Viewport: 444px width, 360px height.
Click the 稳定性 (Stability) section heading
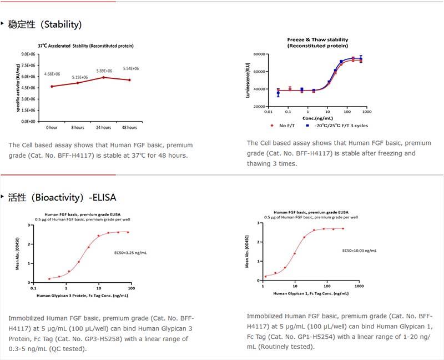tap(44, 24)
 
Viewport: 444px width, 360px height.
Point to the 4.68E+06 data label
tap(52, 74)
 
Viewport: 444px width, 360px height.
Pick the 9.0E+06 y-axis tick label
tap(29, 54)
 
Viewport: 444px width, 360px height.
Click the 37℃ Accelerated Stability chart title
tap(85, 46)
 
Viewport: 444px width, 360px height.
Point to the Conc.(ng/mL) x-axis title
tap(317, 118)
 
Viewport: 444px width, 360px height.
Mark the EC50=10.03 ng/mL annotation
tap(359, 251)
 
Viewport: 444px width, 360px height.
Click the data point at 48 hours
tap(130, 80)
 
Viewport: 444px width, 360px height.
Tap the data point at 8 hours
tap(78, 83)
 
